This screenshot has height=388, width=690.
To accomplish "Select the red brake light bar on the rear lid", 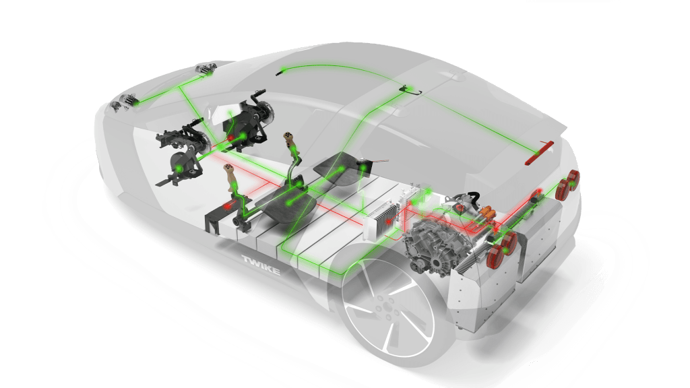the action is coord(539,153).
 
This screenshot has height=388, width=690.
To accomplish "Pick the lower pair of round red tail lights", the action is coord(501,249).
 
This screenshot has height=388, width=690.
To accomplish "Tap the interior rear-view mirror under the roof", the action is coord(410,91).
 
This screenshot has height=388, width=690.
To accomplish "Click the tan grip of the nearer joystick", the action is coord(231,177).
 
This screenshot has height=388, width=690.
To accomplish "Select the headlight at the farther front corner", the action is coord(206,69).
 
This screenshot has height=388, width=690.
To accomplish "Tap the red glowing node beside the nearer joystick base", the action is coord(228,205).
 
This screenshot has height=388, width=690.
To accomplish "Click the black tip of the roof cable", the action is coord(278,73).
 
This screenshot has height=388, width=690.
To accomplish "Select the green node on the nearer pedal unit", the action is coord(179,168).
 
